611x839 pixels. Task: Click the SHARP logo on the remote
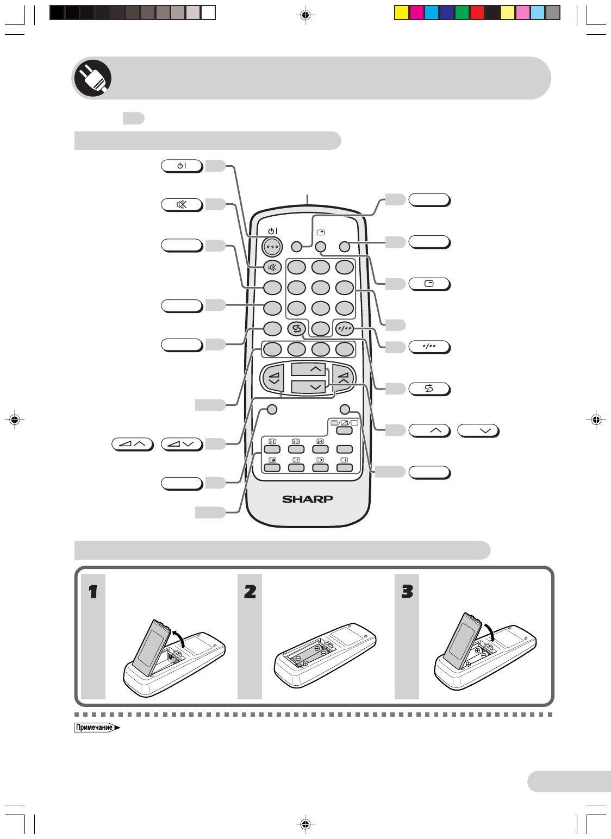(x=307, y=499)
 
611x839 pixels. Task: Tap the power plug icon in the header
(x=92, y=78)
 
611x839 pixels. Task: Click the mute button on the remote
(x=272, y=267)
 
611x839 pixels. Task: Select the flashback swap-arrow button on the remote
(x=296, y=328)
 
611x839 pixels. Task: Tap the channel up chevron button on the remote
(x=308, y=370)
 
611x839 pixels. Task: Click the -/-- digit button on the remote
(x=344, y=328)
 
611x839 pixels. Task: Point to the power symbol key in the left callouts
(x=182, y=166)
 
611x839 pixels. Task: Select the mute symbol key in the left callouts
(x=182, y=205)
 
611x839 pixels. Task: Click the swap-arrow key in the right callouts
(x=429, y=389)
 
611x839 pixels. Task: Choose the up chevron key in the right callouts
(x=429, y=431)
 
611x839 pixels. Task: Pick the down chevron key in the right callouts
(x=478, y=431)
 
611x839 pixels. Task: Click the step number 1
(x=93, y=591)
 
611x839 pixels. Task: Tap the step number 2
(x=250, y=591)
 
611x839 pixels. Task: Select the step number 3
(x=407, y=591)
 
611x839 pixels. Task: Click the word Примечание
(x=95, y=728)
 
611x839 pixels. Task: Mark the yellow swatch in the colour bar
(x=401, y=12)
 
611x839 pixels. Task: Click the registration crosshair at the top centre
(x=305, y=15)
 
